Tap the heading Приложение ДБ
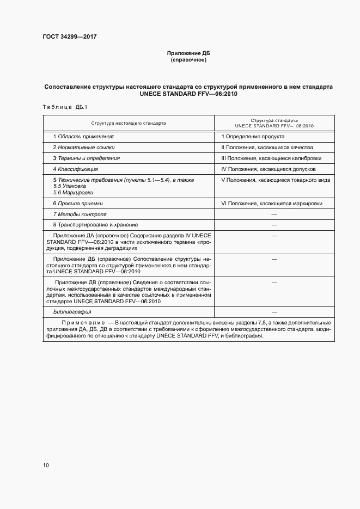pos(188,53)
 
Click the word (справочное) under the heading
pos(188,60)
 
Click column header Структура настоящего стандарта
pos(129,123)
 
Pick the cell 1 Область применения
pos(83,137)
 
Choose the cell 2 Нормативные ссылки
pos(84,148)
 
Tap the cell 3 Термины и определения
pos(86,158)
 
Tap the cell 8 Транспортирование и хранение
pos(95,225)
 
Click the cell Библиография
pos(72,312)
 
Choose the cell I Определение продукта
pos(253,137)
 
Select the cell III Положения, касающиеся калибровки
pos(271,158)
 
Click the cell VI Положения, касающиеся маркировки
pos(271,204)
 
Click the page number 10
pos(46,465)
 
